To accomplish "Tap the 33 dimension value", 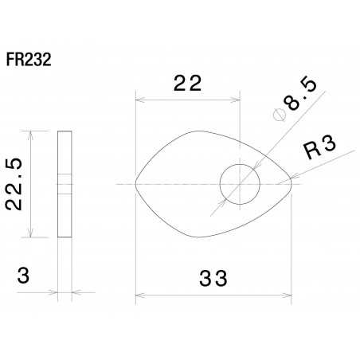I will [x=213, y=279].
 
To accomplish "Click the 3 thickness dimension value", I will [x=24, y=276].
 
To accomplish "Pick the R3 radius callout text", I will [x=318, y=147].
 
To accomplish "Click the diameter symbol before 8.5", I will [x=279, y=115].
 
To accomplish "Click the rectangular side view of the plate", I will [x=65, y=183].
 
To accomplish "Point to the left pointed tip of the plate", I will [x=136, y=184].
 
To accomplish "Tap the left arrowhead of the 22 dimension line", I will [x=139, y=100].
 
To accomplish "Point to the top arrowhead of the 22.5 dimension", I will [x=30, y=134].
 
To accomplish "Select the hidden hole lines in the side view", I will [x=65, y=184].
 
